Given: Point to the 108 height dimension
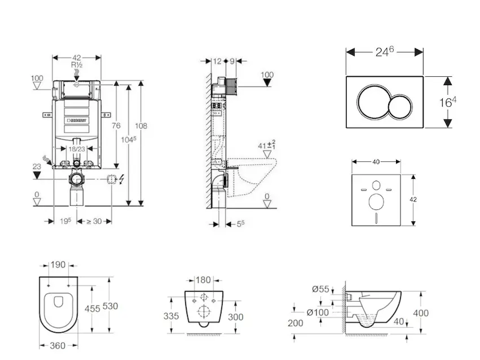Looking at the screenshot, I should [142, 126].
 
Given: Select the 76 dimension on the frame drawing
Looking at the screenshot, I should [116, 125].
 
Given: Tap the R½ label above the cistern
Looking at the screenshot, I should [77, 65].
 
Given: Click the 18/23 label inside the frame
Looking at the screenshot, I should [76, 148].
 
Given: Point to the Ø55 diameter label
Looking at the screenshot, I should [320, 289].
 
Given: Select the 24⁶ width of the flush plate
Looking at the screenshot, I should [385, 52].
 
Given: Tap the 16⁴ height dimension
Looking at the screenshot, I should [448, 102].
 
